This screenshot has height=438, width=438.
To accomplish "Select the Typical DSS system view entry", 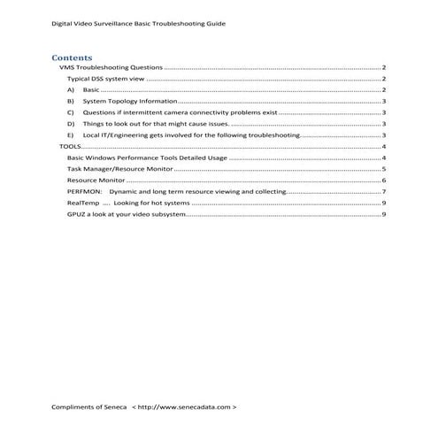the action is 105,80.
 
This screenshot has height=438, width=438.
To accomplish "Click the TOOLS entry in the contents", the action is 68,146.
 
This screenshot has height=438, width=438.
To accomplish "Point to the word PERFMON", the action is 83,191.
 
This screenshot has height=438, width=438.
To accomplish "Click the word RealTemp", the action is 81,203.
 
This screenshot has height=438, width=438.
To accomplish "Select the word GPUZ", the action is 77,214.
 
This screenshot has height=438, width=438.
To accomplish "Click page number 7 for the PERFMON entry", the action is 382,191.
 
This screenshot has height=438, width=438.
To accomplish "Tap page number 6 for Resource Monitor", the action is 382,180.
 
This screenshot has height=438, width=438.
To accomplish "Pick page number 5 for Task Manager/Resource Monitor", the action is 382,168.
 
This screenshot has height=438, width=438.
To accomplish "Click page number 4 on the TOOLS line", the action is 382,146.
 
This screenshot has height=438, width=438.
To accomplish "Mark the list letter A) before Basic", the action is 70,90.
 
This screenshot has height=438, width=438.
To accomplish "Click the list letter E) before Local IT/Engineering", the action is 70,135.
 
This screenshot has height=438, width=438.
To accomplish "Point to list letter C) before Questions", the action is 70,113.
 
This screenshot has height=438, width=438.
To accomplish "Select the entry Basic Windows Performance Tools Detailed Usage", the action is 146,158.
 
